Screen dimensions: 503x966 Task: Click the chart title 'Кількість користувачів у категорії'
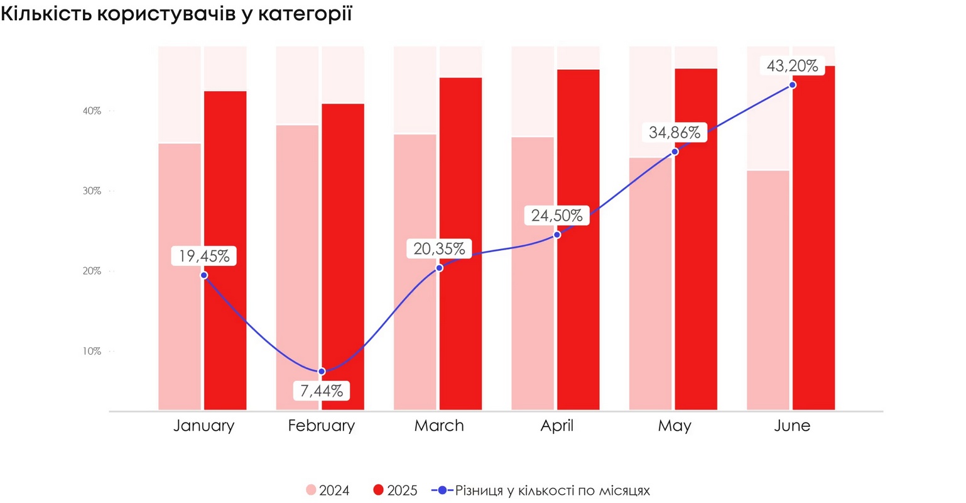[x=176, y=14]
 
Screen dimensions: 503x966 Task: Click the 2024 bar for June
[x=768, y=290]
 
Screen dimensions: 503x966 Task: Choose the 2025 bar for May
[x=696, y=239]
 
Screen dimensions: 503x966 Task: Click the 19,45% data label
[x=204, y=256]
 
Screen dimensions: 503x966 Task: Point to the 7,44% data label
[x=322, y=391]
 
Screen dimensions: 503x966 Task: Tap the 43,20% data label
[x=793, y=65]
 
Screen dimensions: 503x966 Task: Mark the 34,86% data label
[x=675, y=133]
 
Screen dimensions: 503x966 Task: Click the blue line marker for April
[x=557, y=235]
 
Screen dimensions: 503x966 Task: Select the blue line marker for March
[x=439, y=268]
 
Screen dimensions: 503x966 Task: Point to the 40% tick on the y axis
[x=92, y=111]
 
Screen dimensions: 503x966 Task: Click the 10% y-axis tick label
[x=92, y=351]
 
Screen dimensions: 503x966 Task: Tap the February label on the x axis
[x=322, y=426]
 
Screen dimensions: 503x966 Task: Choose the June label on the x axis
[x=793, y=426]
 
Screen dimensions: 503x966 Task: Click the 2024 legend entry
[x=328, y=490]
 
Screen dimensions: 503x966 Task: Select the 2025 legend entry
[x=395, y=490]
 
